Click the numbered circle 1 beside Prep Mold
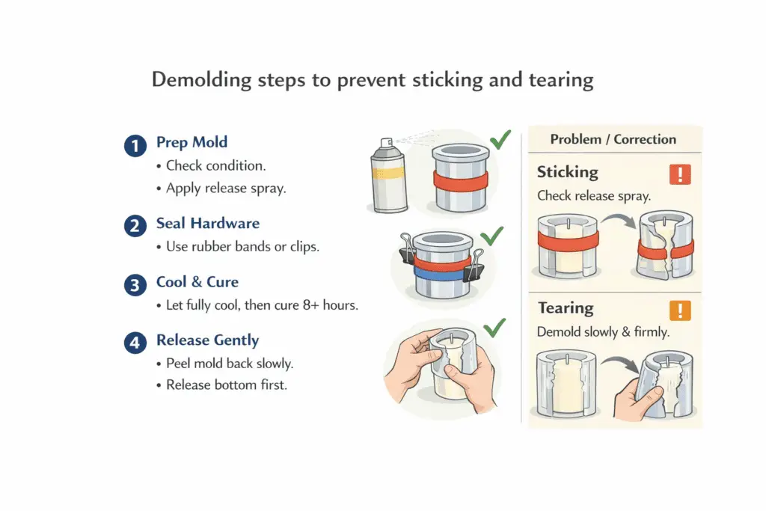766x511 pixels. (x=135, y=146)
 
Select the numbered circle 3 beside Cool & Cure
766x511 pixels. (x=135, y=285)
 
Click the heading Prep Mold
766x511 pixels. (x=191, y=142)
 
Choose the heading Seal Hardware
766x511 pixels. (x=208, y=223)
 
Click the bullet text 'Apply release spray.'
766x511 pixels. (x=225, y=189)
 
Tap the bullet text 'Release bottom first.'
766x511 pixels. (x=226, y=385)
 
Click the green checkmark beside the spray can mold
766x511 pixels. (x=500, y=140)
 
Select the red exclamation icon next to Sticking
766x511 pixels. (x=680, y=174)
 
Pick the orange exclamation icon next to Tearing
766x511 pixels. (x=680, y=310)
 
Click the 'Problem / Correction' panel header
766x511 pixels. (x=613, y=139)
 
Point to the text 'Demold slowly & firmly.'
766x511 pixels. (x=602, y=331)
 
